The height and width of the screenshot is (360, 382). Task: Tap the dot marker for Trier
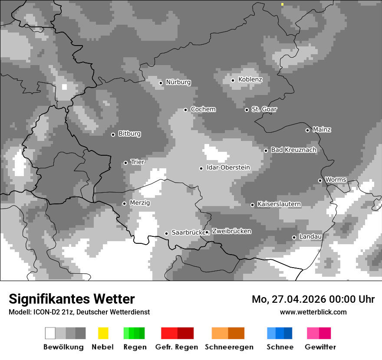coord(126,163)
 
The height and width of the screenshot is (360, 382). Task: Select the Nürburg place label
coord(178,82)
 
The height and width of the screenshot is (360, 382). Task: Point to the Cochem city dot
coord(186,110)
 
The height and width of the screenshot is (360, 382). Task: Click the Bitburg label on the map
coord(129,134)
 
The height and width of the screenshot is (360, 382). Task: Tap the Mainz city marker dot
coord(308,130)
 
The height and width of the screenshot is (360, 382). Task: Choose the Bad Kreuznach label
coord(293,150)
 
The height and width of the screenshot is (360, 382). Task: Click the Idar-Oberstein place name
coord(228,167)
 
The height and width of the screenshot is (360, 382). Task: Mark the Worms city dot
coord(320,180)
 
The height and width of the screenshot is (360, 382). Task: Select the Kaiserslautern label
coord(279,204)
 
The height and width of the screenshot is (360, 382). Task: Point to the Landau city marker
coord(294,237)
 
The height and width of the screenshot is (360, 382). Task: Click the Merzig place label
coord(140,203)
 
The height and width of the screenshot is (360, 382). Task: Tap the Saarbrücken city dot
coord(166,233)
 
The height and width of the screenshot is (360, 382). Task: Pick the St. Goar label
coord(264,109)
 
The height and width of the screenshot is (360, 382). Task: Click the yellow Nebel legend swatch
coord(103,333)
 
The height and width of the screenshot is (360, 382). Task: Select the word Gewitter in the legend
coord(320,347)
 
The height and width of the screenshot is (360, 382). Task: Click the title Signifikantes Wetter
coord(72,299)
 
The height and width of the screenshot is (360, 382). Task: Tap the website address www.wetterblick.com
coord(313,312)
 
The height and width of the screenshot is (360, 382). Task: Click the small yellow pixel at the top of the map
coord(282,4)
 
